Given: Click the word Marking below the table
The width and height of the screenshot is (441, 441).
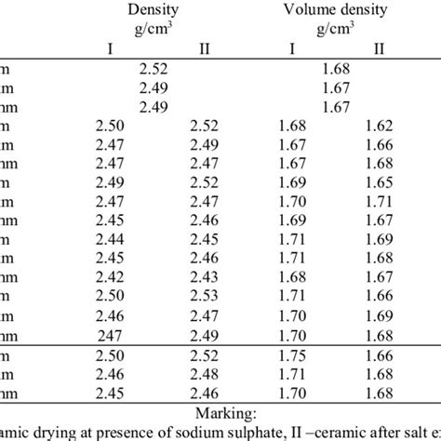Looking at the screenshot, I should coord(220,411).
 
